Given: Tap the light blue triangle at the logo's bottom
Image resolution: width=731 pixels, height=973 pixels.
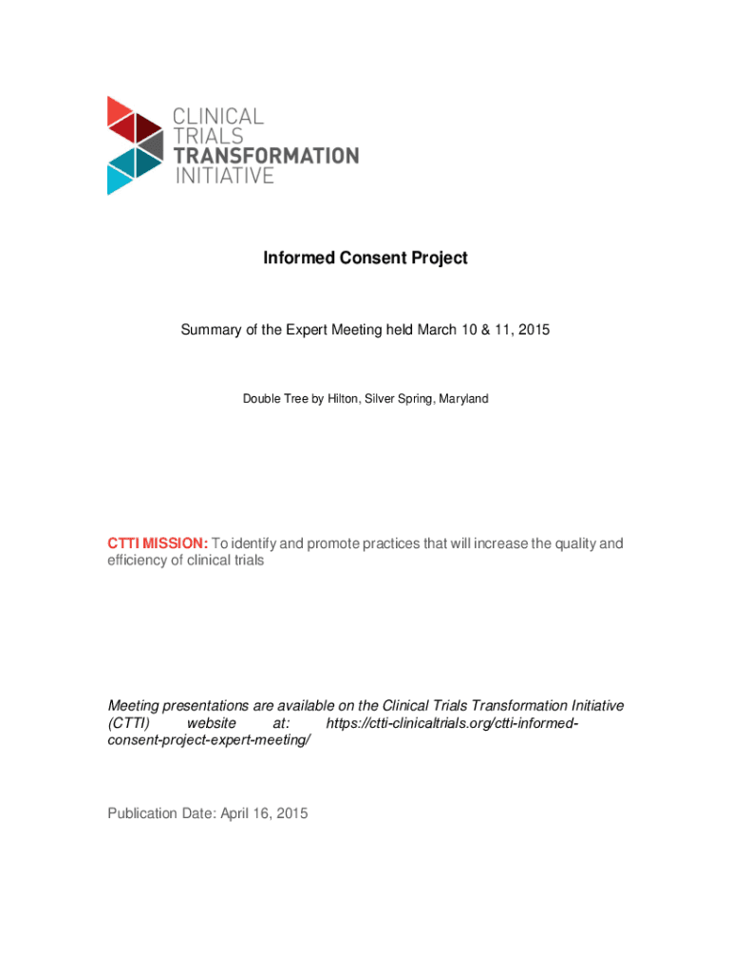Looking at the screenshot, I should (119, 179).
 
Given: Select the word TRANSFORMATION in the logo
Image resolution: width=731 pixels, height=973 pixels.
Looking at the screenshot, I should (266, 156).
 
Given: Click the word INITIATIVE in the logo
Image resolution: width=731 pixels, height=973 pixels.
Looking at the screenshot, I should (223, 176).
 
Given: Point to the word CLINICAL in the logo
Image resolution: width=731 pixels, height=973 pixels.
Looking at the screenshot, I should (217, 116).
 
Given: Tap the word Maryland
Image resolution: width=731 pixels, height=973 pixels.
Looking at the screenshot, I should (461, 399).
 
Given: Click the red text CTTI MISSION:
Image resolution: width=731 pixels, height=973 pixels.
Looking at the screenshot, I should (157, 544).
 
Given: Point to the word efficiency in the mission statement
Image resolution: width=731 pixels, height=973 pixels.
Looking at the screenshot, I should (139, 561).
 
